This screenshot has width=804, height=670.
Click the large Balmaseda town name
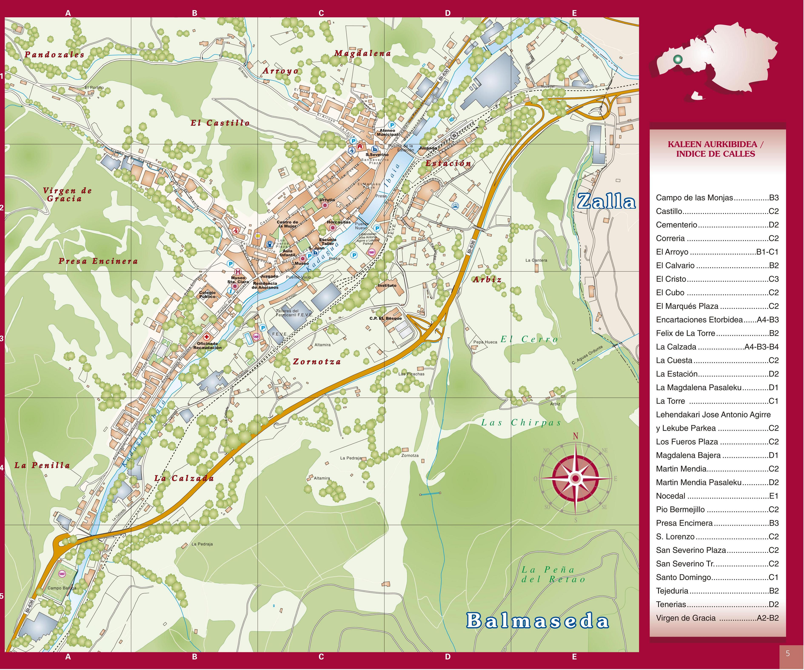pyautogui.click(x=537, y=621)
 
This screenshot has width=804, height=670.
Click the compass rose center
pyautogui.click(x=575, y=478)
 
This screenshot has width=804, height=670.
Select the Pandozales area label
pyautogui.click(x=54, y=54)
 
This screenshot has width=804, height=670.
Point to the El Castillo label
pyautogui.click(x=220, y=123)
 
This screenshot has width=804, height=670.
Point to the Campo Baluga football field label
pyautogui.click(x=62, y=588)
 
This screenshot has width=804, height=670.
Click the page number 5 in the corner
pyautogui.click(x=788, y=653)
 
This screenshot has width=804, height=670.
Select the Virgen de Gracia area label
pyautogui.click(x=67, y=194)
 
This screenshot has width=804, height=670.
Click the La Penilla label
pyautogui.click(x=42, y=466)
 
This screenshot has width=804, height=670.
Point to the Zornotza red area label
pyautogui.click(x=317, y=361)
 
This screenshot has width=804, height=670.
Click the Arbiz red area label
pyautogui.click(x=487, y=279)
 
